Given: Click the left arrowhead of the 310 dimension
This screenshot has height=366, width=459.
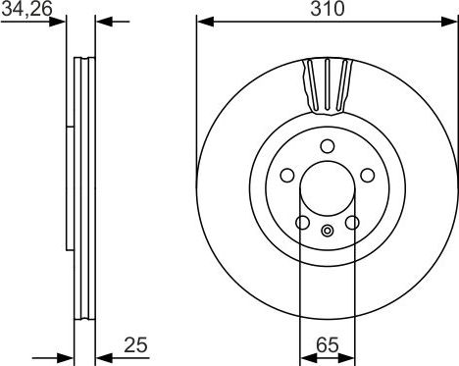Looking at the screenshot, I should click(x=203, y=21).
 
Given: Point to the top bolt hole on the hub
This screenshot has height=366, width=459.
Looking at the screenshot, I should click(x=328, y=146).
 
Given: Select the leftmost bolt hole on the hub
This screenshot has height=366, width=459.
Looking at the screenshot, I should click(x=287, y=175).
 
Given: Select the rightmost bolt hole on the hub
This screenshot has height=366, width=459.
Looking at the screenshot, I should click(x=368, y=175).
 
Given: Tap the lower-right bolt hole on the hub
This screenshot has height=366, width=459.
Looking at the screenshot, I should click(x=352, y=223).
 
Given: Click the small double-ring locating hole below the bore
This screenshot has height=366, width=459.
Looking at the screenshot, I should click(x=328, y=232).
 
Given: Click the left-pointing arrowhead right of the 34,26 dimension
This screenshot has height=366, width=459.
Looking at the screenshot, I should click(x=102, y=21).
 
